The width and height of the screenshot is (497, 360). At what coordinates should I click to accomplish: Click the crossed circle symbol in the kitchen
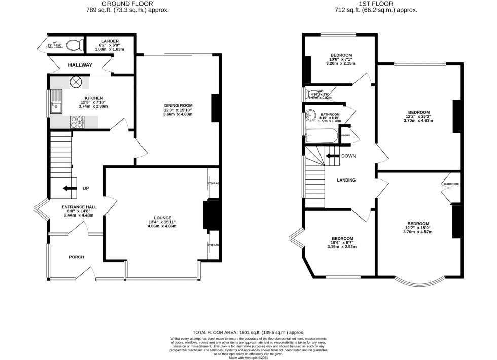pos(76,81)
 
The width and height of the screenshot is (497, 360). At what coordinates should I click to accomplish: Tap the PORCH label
pos(77,257)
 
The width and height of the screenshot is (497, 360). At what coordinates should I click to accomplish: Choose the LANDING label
pos(346,180)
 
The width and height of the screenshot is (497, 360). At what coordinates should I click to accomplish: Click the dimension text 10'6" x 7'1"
pos(341,59)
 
